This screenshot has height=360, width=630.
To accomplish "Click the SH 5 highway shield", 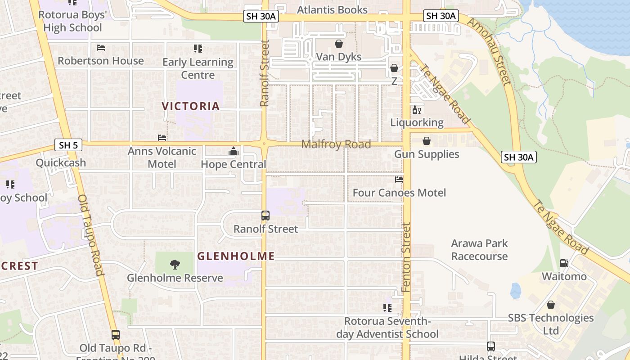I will click(x=68, y=145).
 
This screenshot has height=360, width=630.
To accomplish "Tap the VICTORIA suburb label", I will click(x=191, y=106).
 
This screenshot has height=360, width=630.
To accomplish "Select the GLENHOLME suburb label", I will click(x=236, y=256).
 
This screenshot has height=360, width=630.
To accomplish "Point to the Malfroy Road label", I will click(x=336, y=144).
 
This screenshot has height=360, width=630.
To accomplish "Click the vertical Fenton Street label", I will click(x=406, y=257).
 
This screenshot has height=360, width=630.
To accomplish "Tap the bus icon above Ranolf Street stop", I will click(x=265, y=216).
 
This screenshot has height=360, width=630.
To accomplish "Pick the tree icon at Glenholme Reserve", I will click(x=175, y=265).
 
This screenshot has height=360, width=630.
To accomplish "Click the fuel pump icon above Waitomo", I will click(x=564, y=263).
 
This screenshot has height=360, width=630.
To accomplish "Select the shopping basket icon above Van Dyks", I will click(x=339, y=44).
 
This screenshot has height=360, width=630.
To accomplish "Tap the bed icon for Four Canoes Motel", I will click(x=399, y=180).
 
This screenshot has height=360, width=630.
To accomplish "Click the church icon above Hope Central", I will click(x=233, y=151).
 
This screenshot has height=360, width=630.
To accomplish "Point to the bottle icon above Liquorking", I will click(x=417, y=110).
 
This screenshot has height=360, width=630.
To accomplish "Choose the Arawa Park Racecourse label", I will click(x=479, y=250).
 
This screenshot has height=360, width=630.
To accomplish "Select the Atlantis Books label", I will click(x=333, y=9).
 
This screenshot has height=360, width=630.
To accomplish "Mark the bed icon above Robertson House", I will click(x=101, y=48).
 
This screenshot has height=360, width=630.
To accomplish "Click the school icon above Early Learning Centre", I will click(x=198, y=49).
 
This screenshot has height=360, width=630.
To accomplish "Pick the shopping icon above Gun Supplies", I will click(x=426, y=141).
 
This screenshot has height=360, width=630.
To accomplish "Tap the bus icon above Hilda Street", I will click(x=490, y=346).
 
